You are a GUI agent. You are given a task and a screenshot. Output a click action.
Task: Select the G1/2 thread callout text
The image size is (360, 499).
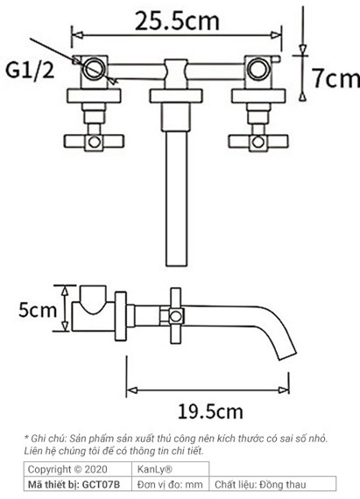coord(31,69)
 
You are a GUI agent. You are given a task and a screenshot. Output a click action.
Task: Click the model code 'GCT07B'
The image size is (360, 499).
coord(103,484)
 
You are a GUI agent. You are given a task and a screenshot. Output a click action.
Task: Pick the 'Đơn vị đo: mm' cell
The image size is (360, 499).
coord(170,484)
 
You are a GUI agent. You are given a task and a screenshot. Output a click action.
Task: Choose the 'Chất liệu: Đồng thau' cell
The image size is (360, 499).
coord(260,484)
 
